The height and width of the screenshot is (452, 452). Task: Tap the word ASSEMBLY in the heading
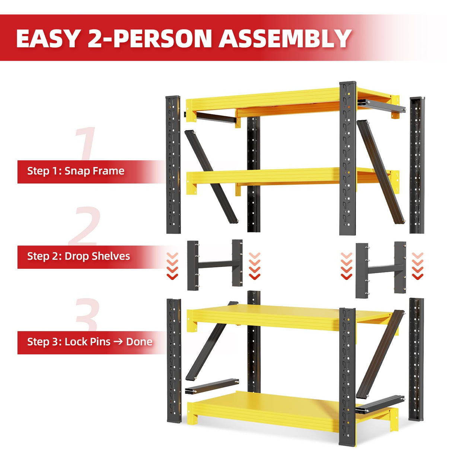point(285,39)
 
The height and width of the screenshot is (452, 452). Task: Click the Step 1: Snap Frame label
point(76,171)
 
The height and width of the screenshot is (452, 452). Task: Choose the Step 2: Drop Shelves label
point(79,256)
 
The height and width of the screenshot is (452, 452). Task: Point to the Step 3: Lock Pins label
point(69,342)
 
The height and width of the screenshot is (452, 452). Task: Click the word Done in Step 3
point(139,342)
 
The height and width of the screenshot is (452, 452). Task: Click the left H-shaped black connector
point(215,264)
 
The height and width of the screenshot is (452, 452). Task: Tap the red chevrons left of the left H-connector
point(172,266)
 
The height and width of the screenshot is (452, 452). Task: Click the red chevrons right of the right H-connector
point(418,266)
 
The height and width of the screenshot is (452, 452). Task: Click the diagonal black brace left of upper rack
point(211,176)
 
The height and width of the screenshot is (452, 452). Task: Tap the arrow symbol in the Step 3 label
point(118,342)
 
